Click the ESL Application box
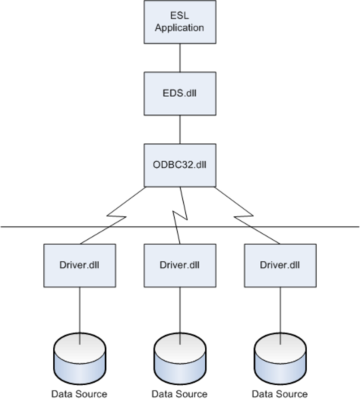180,22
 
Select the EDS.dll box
180,94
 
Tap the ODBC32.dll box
180,165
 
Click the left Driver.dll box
79,266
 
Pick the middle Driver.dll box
180,266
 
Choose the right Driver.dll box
281,266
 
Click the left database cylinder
79,359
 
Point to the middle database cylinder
180,359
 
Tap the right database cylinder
281,359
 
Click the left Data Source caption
79,394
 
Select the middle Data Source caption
179,394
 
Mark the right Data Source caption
280,394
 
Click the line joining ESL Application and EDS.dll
180,58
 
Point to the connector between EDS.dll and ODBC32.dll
180,129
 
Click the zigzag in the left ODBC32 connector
116,216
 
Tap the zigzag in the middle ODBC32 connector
180,216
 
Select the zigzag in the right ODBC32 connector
244,216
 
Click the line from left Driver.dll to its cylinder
79,316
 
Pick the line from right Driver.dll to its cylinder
281,316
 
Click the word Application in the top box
179,28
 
